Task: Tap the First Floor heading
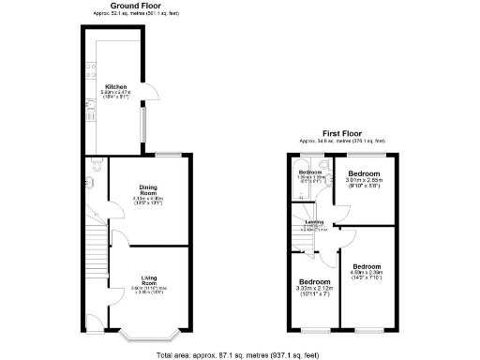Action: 343,134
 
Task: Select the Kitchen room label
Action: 115,84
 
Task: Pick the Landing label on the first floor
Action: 314,222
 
